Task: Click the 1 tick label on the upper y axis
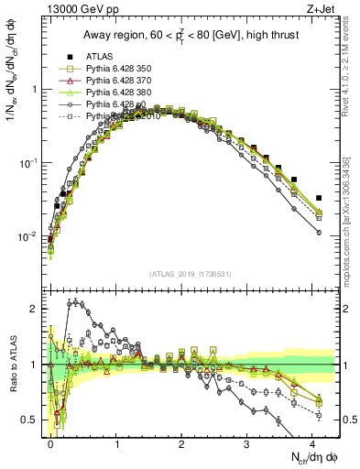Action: pyautogui.click(x=35, y=90)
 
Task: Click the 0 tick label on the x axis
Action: pyautogui.click(x=51, y=442)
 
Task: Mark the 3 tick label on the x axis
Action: pyautogui.click(x=247, y=442)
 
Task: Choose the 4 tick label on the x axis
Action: pyautogui.click(x=312, y=442)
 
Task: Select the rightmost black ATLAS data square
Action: pyautogui.click(x=319, y=198)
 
